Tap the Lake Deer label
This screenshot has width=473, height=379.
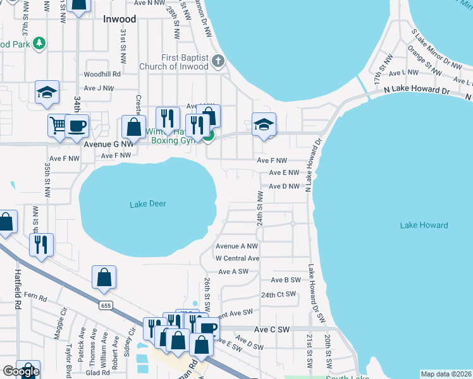(x=147, y=204)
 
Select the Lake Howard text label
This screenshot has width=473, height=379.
(x=424, y=226)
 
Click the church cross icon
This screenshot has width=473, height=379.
(x=218, y=61)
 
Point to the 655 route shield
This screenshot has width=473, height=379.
(x=105, y=305)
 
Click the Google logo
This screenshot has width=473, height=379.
(x=21, y=371)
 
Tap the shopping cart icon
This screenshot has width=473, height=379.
(x=57, y=125)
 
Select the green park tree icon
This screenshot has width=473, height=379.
(x=39, y=43)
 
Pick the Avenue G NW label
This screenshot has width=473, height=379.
(x=108, y=144)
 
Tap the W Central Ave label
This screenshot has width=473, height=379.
(x=237, y=258)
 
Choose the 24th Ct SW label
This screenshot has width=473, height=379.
(x=279, y=294)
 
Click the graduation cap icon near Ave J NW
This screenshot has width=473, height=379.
(x=47, y=92)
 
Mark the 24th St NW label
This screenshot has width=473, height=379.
(x=259, y=206)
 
